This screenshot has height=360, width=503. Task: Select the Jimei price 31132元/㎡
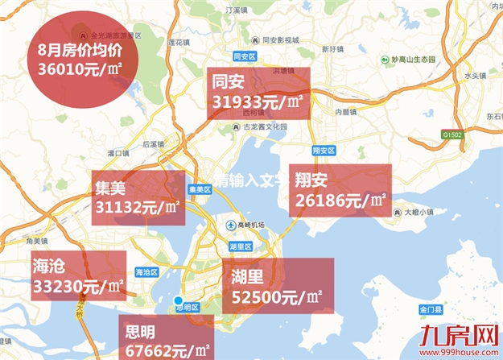pyautogui.click(x=138, y=209)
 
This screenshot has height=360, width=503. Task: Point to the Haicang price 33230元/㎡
pyautogui.click(x=78, y=285)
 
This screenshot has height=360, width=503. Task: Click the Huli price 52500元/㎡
pyautogui.click(x=277, y=297)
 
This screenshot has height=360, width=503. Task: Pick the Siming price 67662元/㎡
pyautogui.click(x=168, y=350)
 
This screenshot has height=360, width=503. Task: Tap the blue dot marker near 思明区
pyautogui.click(x=179, y=300)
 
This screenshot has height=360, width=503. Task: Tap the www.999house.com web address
pyautogui.click(x=459, y=350)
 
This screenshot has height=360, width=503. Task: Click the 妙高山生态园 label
pyautogui.click(x=413, y=60)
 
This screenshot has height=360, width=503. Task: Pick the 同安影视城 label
pyautogui.click(x=276, y=39)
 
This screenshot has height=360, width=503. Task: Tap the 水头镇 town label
pyautogui.click(x=474, y=76)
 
